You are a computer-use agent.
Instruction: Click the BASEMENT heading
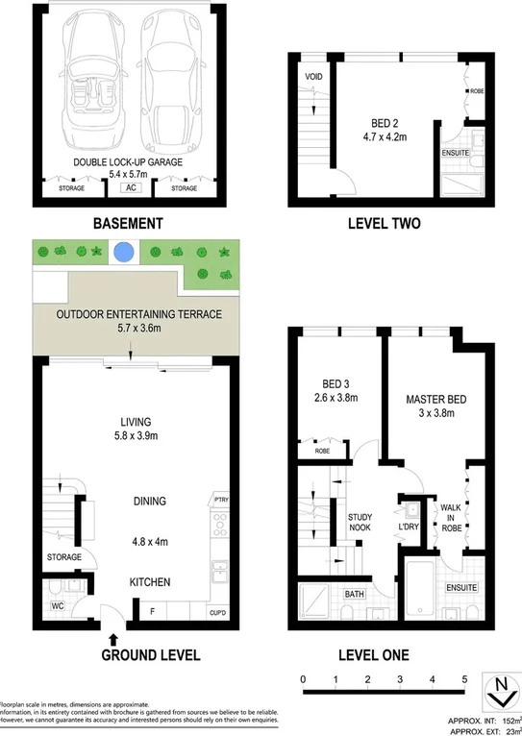pyautogui.click(x=127, y=224)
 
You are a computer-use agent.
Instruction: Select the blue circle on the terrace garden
pyautogui.click(x=123, y=254)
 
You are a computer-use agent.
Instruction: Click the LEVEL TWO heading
pyautogui.click(x=384, y=224)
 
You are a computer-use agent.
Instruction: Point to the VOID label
pyautogui.click(x=313, y=76)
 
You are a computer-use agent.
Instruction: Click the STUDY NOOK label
pyautogui.click(x=360, y=523)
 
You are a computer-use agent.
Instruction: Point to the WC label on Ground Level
pyautogui.click(x=58, y=606)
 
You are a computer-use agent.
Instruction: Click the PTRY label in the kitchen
pyautogui.click(x=221, y=500)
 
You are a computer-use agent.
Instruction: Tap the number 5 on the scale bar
pyautogui.click(x=464, y=679)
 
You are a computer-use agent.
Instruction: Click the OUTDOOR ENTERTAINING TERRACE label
pyautogui.click(x=138, y=315)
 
